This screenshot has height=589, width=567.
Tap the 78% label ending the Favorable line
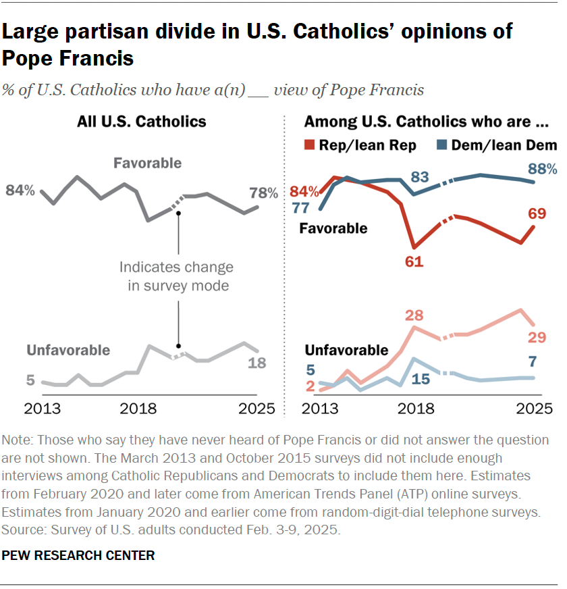(x=263, y=193)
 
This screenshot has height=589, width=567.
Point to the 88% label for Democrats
(x=542, y=169)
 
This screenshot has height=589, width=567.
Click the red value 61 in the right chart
(x=414, y=261)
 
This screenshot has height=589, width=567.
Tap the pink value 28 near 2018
(x=414, y=316)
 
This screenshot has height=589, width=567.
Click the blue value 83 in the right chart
(x=421, y=177)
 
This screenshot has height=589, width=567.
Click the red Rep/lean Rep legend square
(x=310, y=145)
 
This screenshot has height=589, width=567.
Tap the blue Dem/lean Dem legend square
(x=442, y=145)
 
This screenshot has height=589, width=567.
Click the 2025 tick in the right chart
(x=534, y=409)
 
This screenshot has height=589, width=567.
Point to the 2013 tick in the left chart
(x=43, y=409)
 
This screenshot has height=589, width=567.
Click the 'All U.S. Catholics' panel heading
(x=142, y=122)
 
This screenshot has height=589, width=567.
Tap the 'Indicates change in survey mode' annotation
(x=176, y=276)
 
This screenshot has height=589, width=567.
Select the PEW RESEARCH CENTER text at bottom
(x=78, y=555)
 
